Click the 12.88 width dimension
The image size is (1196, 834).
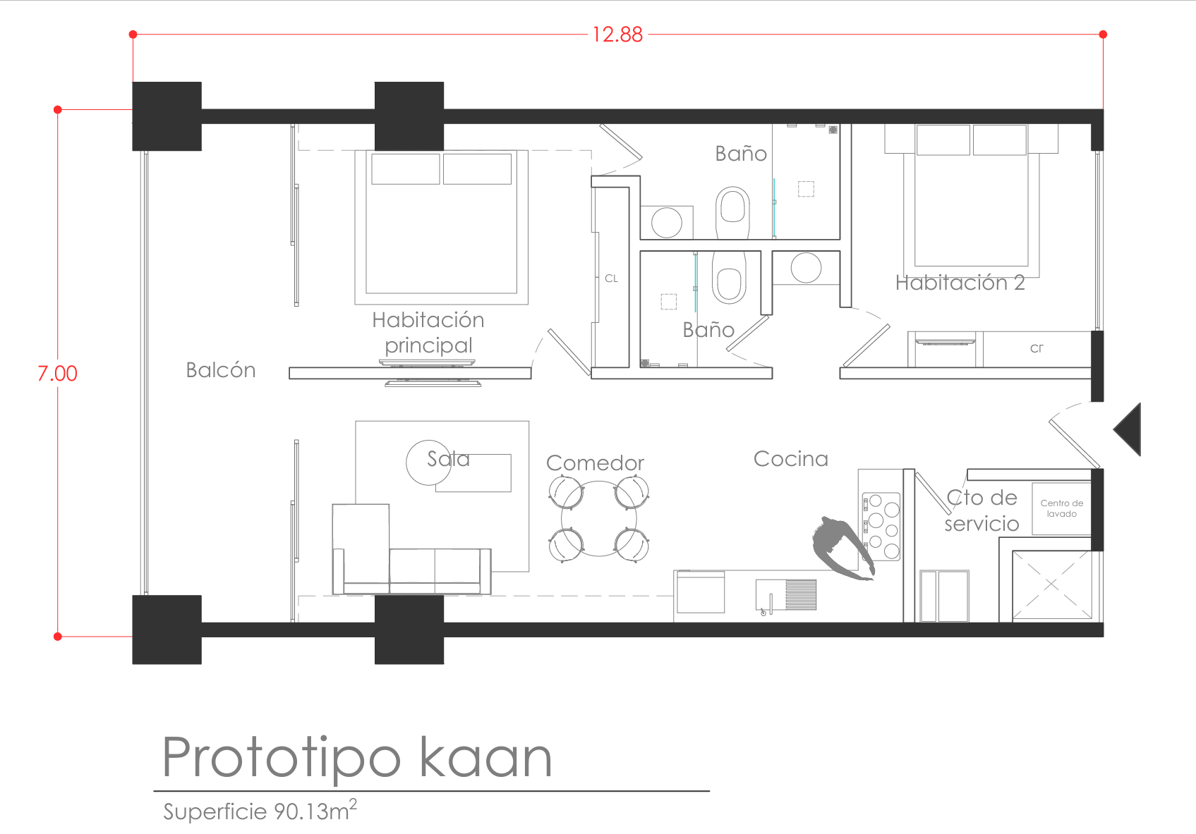(617, 35)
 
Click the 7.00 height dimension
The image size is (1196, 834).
(57, 374)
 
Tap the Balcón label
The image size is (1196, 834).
(221, 370)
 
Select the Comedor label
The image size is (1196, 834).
(595, 462)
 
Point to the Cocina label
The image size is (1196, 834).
(791, 459)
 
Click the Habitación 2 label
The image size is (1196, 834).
(960, 283)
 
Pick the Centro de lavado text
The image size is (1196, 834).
(1061, 508)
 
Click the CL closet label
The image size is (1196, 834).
(611, 278)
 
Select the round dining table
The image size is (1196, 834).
(598, 519)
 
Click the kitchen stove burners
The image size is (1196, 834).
(881, 527)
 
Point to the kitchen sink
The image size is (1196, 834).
(786, 596)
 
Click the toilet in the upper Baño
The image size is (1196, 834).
(732, 211)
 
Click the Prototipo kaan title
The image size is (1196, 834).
(356, 758)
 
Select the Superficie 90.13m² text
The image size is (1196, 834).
(260, 811)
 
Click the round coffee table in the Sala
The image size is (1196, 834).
(428, 462)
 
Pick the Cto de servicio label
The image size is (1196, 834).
(981, 510)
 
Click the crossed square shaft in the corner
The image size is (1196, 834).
(1051, 585)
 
